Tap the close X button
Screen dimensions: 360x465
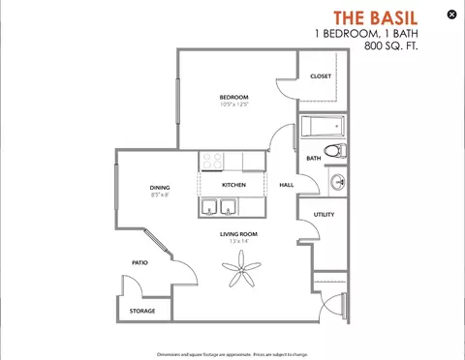point(451,15)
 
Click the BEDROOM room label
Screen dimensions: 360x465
point(233,97)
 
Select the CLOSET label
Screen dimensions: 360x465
point(321,76)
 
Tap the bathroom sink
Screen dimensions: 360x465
point(338,181)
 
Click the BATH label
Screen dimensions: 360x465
point(314,158)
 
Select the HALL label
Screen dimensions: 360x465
point(287,185)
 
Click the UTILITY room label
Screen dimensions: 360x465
point(324,215)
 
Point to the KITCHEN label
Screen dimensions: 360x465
point(233,185)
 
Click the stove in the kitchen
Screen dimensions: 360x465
point(214,161)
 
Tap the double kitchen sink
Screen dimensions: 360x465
point(220,207)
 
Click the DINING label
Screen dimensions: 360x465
point(160,188)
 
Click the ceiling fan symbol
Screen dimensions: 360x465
point(240,277)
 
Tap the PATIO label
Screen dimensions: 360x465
point(139,262)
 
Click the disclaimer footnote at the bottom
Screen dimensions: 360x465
point(232,353)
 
